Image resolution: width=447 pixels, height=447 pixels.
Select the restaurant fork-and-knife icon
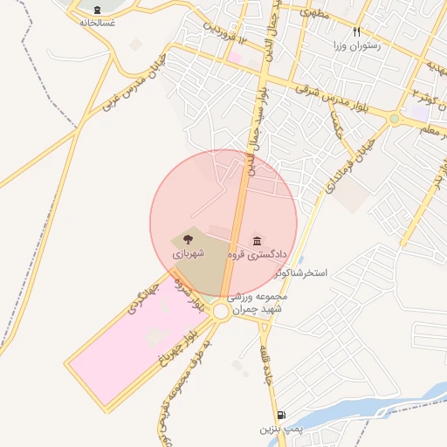(x=356, y=31)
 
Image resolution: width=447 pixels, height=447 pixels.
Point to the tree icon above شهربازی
(x=188, y=237)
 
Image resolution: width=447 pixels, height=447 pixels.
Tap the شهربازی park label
(x=187, y=253)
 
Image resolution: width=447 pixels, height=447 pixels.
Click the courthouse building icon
(x=258, y=240)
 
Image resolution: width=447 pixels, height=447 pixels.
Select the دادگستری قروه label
(x=257, y=255)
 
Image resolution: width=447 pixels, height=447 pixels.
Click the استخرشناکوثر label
(x=300, y=273)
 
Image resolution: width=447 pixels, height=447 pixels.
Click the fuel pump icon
(x=279, y=416)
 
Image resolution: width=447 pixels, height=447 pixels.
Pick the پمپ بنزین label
(x=279, y=430)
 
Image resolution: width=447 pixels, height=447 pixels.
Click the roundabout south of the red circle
(x=222, y=312)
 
